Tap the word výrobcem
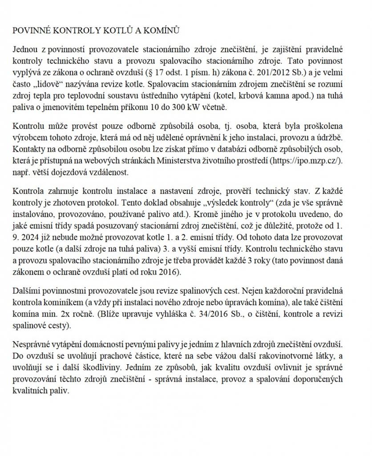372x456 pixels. click(30, 137)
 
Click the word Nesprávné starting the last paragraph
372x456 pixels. click(33, 346)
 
